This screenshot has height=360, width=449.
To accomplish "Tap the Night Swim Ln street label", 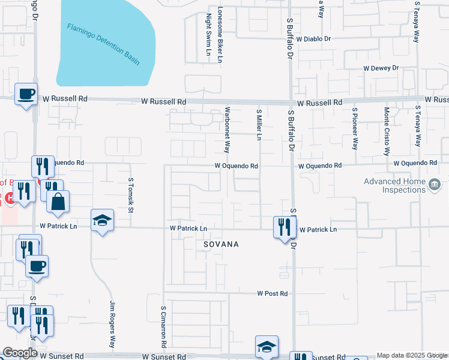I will (208, 35).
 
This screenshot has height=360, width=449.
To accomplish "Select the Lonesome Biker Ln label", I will (220, 35).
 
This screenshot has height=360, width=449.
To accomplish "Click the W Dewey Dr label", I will (381, 68).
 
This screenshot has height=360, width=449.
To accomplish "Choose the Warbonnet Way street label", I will (227, 131).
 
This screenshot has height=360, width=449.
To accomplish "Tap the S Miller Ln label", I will (259, 125).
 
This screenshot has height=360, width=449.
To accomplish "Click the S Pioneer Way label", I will (355, 128).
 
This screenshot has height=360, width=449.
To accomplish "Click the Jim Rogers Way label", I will (112, 325).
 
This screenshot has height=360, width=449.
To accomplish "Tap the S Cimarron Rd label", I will (163, 326).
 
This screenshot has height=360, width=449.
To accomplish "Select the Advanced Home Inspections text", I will (394, 185).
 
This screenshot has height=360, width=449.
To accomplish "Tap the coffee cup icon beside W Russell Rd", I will (26, 95).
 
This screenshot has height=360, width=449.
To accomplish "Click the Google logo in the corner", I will (20, 353).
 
